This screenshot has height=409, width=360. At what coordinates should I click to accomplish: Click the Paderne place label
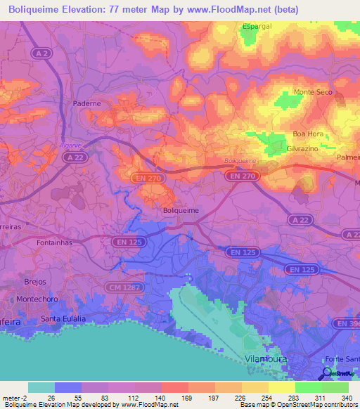click(x=87, y=103)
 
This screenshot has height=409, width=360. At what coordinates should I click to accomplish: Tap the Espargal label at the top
click(x=257, y=26)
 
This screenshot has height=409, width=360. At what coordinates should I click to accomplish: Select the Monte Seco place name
click(x=313, y=93)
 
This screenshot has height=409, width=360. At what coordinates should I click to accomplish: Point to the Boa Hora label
click(x=307, y=134)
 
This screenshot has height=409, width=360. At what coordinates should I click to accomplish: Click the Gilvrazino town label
click(x=303, y=149)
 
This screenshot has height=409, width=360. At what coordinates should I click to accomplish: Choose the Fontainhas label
click(x=55, y=242)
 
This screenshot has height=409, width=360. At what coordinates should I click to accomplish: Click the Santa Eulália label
click(x=63, y=318)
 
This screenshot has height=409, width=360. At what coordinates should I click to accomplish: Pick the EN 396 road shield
click(x=350, y=323)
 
